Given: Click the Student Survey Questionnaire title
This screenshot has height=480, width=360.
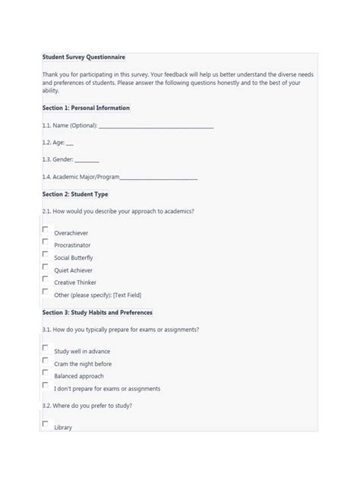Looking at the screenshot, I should coord(84,57).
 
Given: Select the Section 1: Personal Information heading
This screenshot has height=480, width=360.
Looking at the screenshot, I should coord(86,108).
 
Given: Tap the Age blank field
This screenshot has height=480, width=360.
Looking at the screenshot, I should coord(70,142).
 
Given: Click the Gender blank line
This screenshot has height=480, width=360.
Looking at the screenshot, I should coord(87,159).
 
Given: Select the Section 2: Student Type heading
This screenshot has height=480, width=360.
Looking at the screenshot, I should coord(75,194).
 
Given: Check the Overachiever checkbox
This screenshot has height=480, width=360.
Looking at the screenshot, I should coord(46,229).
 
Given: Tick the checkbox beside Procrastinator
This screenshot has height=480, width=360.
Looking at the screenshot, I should coord(46,242).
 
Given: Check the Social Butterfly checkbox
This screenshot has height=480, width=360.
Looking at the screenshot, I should coord(46,254).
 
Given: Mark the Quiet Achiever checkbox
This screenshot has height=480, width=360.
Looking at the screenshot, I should coord(46,267).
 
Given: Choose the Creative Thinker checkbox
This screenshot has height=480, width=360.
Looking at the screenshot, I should coord(46,279).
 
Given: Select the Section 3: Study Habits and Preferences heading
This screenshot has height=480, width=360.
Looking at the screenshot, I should coord(97,312).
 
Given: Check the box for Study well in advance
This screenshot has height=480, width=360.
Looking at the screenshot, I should coord(46,347).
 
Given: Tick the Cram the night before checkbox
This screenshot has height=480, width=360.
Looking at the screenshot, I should coord(46,360).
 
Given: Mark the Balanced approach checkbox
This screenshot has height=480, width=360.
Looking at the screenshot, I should coord(46,372).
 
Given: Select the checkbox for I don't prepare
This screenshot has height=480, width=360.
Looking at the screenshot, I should coord(46,385).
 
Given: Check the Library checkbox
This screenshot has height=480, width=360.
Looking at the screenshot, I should coord(46,424).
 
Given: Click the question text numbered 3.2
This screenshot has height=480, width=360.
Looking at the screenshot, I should coord(87,406).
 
